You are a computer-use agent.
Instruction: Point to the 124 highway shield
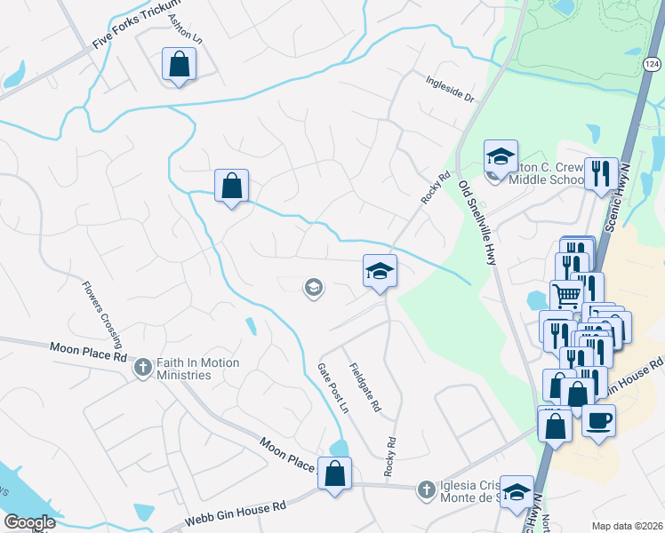652,64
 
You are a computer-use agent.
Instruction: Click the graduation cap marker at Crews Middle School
501,156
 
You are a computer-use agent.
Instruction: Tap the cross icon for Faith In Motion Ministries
141,367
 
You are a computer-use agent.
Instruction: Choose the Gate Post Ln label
332,387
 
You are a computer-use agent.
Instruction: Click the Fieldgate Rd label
365,388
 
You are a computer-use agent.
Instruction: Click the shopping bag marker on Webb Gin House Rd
335,473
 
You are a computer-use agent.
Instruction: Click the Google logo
28,522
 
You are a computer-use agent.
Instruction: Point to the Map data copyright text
627,526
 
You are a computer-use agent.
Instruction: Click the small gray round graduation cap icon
313,287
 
